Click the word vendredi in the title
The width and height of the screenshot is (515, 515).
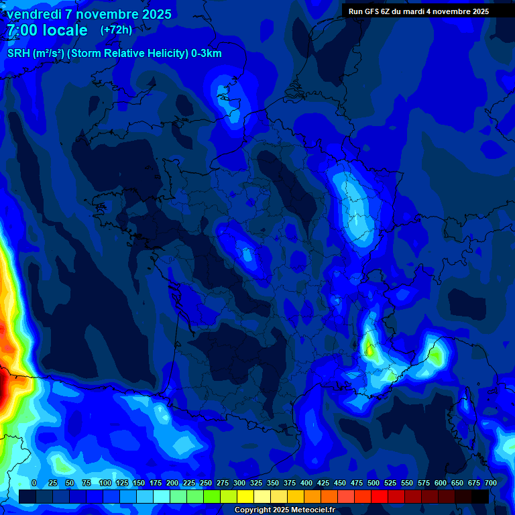tap(34, 14)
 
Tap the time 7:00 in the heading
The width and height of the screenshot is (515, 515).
tap(25, 30)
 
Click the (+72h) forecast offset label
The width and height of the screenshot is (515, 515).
tap(116, 30)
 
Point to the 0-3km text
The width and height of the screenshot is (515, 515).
tap(207, 54)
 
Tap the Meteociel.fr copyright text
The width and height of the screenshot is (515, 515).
tap(308, 510)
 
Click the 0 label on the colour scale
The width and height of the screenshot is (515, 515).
tap(34, 483)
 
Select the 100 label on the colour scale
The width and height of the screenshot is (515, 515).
tap(105, 483)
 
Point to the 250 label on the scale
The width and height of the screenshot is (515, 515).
tap(206, 483)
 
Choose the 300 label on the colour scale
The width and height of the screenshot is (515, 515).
tap(239, 483)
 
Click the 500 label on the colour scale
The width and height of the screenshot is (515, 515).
tap(374, 483)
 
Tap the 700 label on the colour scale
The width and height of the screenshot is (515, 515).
tap(490, 483)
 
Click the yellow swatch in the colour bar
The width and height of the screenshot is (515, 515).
tap(245, 496)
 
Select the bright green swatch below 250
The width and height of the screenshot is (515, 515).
tap(212, 496)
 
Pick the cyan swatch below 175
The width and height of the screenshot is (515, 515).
tap(162, 496)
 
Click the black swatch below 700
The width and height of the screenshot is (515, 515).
tap(480, 496)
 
